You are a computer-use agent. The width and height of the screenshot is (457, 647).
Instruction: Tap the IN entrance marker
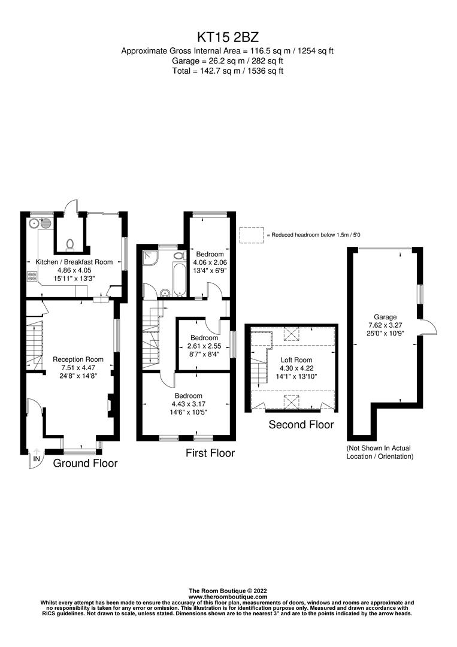(x=37, y=458)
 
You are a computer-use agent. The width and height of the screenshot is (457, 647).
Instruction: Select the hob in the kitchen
(x=32, y=277)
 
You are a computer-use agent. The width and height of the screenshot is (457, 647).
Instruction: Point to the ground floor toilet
(x=70, y=244)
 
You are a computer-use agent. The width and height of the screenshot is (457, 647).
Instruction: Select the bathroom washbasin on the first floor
(x=165, y=293)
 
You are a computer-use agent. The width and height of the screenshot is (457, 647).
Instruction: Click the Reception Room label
(x=74, y=359)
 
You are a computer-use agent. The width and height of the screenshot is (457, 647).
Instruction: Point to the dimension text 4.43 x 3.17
(x=188, y=404)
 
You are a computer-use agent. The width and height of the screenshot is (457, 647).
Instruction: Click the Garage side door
(x=428, y=326)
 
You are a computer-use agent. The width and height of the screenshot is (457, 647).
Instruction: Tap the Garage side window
(x=420, y=293)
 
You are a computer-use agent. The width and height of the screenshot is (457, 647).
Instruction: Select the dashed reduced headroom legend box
(x=251, y=235)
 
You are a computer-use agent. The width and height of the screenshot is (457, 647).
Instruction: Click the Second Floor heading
(x=301, y=425)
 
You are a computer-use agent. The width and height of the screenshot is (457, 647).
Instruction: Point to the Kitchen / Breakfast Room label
(x=74, y=262)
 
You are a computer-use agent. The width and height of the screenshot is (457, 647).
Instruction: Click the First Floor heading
(x=210, y=453)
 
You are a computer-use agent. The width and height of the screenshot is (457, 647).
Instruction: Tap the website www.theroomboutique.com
(x=227, y=597)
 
